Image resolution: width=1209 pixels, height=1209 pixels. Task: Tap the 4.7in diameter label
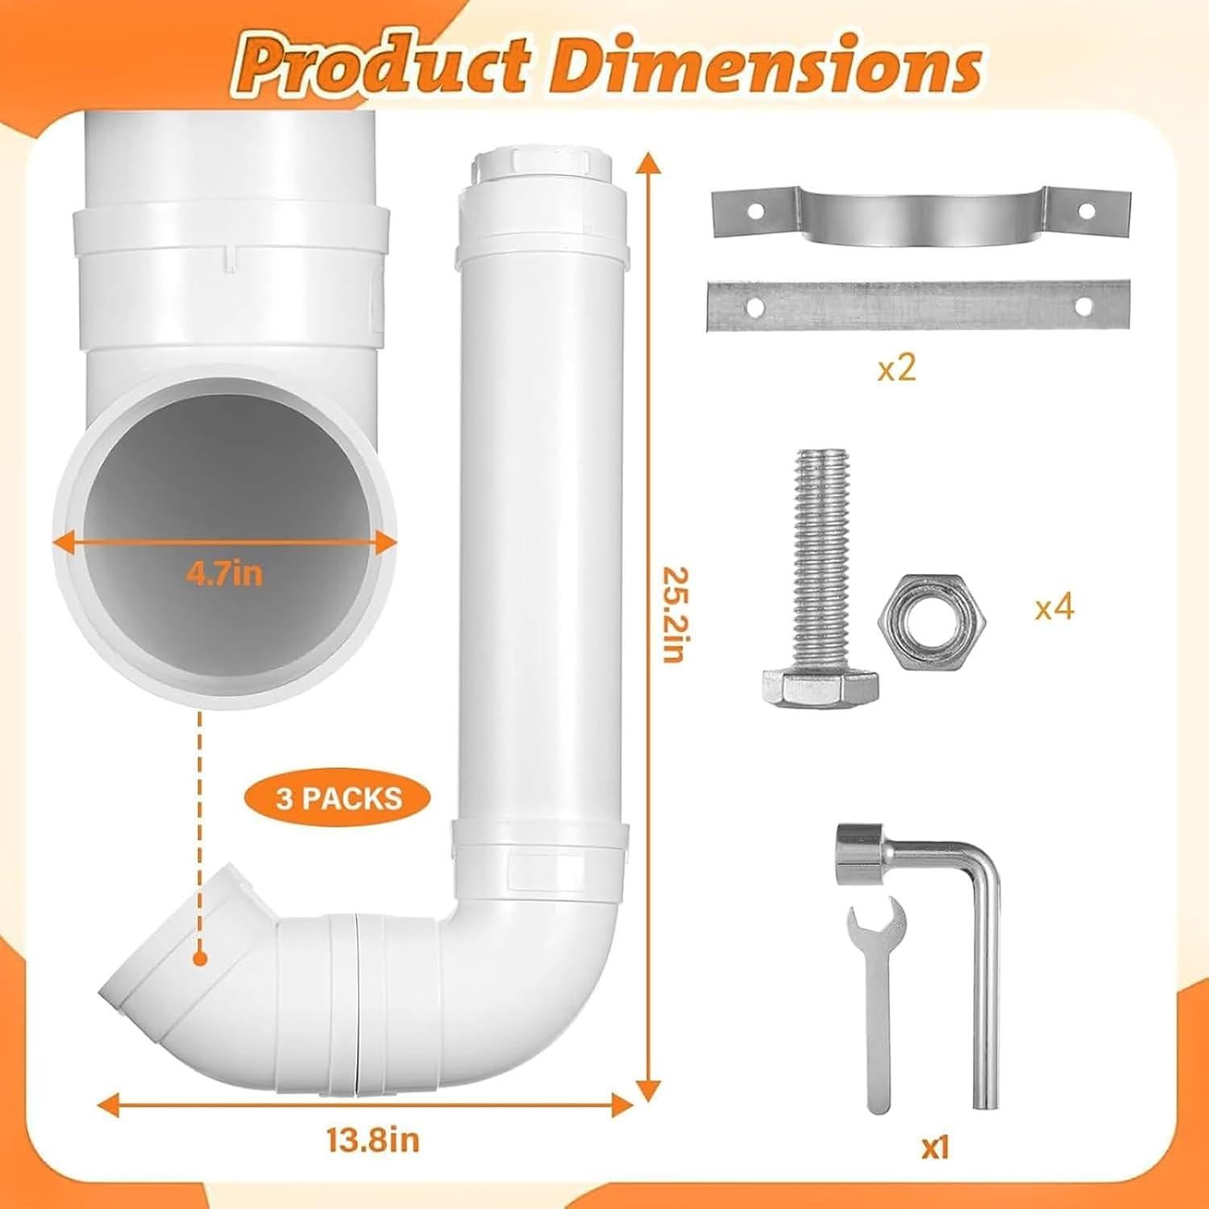pyautogui.click(x=224, y=574)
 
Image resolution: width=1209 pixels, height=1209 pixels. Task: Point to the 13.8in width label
pyautogui.click(x=372, y=1140)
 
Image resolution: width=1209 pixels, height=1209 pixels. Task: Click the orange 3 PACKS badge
pyautogui.click(x=338, y=798)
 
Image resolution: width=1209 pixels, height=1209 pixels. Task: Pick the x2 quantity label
pyautogui.click(x=896, y=369)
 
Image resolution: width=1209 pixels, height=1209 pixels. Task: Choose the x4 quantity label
pyautogui.click(x=1054, y=607)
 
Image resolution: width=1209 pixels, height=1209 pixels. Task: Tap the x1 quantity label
pyautogui.click(x=935, y=1147)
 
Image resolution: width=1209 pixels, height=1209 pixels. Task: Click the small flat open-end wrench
pyautogui.click(x=878, y=999)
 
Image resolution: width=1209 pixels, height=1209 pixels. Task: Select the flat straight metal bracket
pyautogui.click(x=917, y=305)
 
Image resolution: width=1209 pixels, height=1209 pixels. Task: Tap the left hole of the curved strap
pyautogui.click(x=754, y=211)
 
